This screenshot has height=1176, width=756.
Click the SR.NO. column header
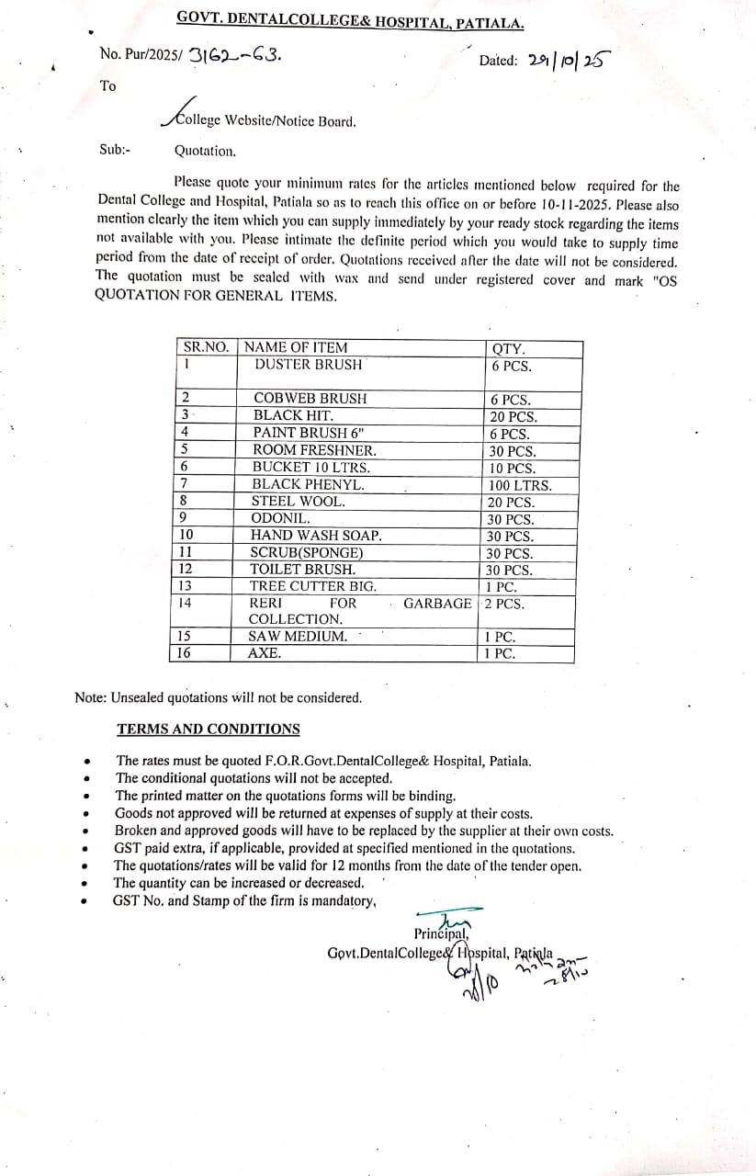coord(206,347)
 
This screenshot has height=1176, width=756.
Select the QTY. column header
coord(509,348)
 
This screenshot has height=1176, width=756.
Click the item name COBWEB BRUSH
coord(310,399)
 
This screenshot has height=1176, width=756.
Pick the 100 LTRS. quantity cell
coord(521,485)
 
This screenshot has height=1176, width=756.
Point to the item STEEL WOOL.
coord(299,502)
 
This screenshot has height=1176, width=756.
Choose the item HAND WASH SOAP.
coord(316,536)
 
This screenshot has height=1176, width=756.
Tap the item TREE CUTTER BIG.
coord(313,586)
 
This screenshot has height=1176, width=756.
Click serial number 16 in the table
coord(185,653)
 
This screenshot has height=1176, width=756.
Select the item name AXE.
coord(265,653)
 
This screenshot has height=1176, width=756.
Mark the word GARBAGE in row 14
coord(438,604)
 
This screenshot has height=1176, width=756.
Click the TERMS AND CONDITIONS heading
coord(208,729)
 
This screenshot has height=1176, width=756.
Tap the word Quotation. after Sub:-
coord(205,151)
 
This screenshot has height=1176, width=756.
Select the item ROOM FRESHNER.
coord(314,451)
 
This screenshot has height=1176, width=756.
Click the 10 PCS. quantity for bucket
coord(513,469)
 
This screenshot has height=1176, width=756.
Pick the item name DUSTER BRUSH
coord(308,365)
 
